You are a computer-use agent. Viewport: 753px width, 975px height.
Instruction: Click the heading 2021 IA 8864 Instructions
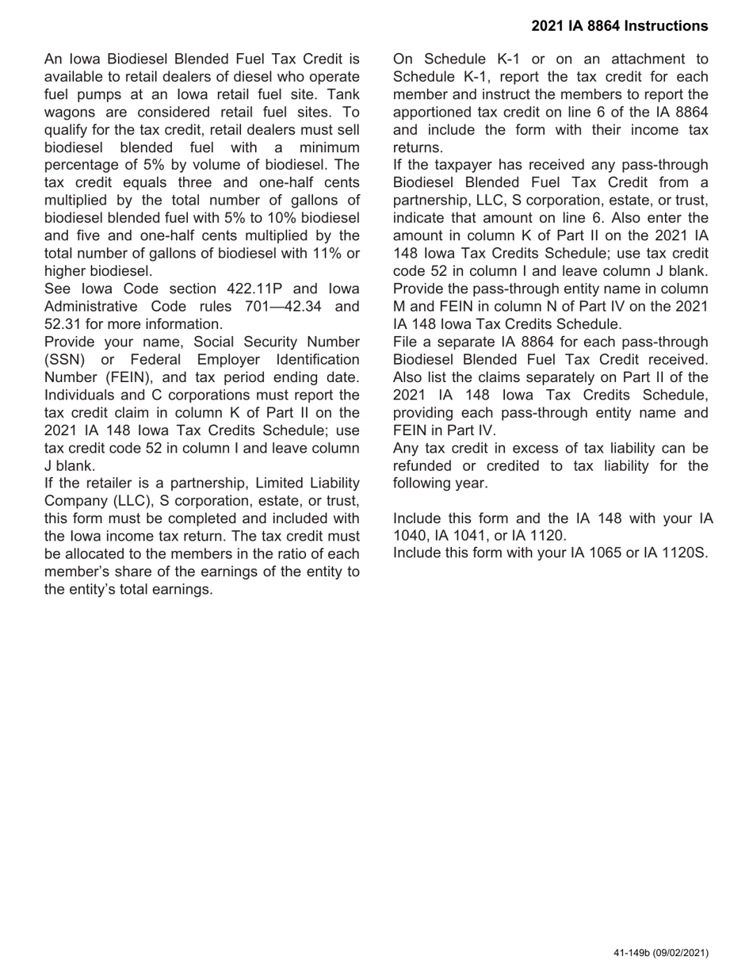(619, 26)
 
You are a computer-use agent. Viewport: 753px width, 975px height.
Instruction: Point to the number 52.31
(63, 324)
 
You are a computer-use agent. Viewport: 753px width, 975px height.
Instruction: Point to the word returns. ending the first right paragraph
(418, 147)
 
